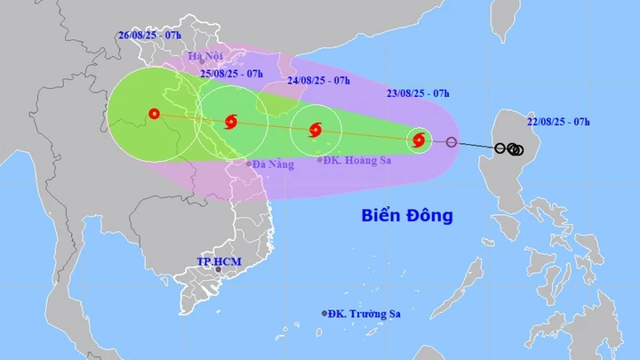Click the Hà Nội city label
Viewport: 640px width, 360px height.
205,56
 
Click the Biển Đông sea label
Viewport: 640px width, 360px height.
407,215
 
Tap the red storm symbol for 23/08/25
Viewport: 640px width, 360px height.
419,140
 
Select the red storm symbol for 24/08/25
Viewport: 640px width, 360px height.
316,131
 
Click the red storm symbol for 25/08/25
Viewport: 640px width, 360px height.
232,122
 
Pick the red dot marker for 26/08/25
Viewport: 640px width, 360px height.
154,113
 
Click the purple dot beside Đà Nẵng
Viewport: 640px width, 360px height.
248,164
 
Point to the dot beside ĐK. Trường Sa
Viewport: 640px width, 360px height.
325,313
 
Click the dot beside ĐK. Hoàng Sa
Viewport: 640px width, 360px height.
321,160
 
